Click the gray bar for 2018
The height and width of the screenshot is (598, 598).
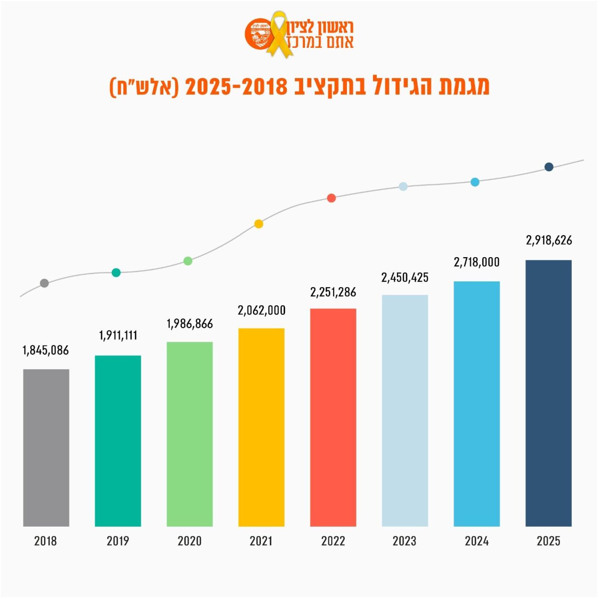[46, 448]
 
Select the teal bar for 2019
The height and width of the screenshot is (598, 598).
[118, 441]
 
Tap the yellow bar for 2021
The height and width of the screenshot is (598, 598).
[261, 427]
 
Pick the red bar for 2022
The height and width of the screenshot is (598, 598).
[333, 417]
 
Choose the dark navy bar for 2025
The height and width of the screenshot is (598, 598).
[548, 393]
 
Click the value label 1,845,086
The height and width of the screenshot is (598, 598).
[46, 351]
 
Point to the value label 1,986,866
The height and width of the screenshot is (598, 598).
[190, 324]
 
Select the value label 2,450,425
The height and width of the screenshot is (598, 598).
[405, 277]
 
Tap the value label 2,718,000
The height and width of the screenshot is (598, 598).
[477, 262]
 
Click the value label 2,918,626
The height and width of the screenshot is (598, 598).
[549, 240]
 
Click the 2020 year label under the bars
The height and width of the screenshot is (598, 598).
[190, 541]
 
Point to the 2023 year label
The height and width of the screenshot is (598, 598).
[404, 541]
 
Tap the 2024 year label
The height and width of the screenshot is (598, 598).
[477, 541]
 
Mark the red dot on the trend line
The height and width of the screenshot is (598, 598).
[331, 198]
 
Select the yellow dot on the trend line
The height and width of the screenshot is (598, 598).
[259, 224]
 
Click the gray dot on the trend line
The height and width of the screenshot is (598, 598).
[44, 283]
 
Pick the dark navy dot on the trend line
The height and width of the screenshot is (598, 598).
[549, 167]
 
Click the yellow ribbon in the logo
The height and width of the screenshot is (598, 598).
[278, 34]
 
